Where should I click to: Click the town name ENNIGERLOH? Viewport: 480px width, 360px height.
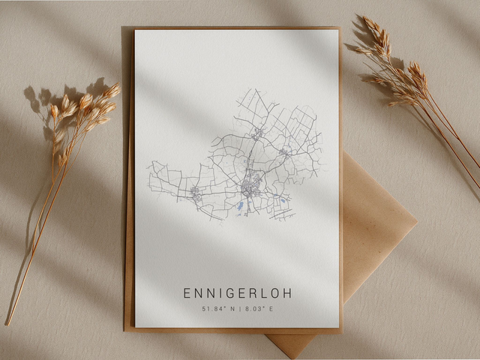(238, 293)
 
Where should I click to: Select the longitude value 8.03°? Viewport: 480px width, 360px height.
(251, 309)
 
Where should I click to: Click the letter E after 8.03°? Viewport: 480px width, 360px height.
(271, 309)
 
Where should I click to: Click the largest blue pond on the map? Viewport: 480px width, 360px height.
(240, 205)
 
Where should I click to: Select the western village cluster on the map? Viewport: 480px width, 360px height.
(196, 192)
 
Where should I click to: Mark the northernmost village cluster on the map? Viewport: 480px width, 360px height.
(258, 133)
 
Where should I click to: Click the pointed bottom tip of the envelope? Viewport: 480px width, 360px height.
(293, 352)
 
